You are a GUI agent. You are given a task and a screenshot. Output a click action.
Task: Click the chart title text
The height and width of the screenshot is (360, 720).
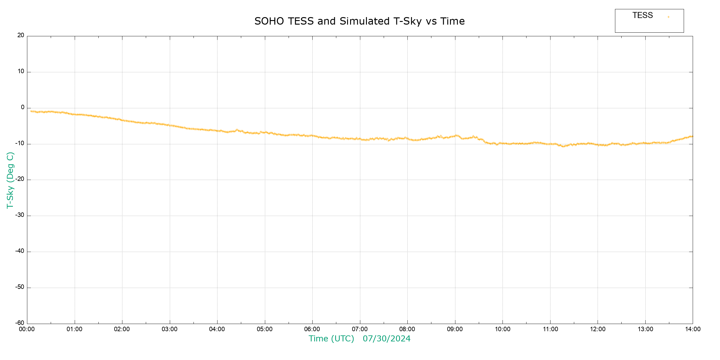359,21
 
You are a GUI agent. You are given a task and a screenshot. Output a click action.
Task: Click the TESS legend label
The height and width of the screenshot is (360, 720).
643,15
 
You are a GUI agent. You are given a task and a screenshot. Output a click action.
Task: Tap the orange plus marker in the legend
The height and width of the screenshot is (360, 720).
668,17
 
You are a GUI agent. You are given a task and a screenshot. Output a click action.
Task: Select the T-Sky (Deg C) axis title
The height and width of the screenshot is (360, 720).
10,180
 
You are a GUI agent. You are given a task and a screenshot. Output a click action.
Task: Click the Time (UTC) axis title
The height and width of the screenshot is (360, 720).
331,339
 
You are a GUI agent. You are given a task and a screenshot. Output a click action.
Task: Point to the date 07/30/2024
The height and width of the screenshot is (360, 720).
386,339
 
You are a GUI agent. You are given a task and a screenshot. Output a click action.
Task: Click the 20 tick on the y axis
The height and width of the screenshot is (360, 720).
21,35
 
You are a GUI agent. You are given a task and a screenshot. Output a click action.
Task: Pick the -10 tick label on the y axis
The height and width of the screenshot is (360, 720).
20,143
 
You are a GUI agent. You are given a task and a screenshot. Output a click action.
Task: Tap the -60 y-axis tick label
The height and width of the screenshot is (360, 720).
20,323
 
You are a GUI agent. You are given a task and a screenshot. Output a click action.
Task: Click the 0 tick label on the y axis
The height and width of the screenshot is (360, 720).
22,107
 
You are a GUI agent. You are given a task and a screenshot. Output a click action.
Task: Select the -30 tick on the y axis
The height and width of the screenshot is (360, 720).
20,215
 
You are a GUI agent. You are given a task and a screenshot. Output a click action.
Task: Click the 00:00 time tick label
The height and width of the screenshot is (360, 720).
27,329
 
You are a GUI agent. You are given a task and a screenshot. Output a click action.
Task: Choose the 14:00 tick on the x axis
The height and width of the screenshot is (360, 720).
693,329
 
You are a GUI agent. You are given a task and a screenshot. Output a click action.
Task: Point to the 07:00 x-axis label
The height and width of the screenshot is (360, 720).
360,329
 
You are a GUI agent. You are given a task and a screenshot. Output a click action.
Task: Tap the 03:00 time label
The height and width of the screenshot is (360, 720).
169,329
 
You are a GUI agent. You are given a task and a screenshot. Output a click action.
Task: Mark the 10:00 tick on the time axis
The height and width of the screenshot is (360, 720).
502,329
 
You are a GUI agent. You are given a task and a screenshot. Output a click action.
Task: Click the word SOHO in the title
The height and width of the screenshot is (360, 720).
269,21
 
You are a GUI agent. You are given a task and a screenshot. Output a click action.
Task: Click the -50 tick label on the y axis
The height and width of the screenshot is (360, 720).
20,287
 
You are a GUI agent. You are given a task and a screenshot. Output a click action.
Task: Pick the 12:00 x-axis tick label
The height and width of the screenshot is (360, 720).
598,329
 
